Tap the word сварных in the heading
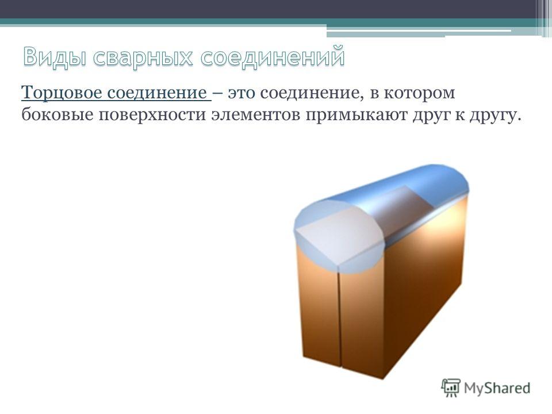click(x=143, y=57)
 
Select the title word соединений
click(x=273, y=56)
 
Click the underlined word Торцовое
click(x=62, y=93)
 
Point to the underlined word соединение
click(x=157, y=93)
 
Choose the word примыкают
click(x=356, y=116)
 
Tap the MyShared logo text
click(x=497, y=388)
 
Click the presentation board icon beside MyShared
click(x=451, y=388)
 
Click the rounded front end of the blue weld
click(x=338, y=235)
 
